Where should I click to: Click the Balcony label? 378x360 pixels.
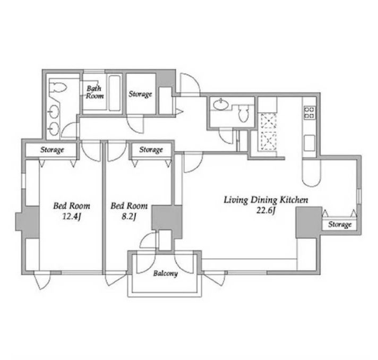166,273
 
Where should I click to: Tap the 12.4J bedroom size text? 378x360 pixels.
72,217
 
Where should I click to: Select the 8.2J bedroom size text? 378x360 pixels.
128,217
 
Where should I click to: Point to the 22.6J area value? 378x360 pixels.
266,210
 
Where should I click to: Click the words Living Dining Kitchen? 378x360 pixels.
266,200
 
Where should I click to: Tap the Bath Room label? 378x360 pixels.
94,92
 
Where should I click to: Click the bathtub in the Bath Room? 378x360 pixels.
114,93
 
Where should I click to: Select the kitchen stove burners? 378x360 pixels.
310,113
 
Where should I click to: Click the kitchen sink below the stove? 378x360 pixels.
310,143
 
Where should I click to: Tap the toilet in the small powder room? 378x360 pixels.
243,113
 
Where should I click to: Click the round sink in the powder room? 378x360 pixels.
221,105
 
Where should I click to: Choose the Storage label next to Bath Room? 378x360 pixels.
140,94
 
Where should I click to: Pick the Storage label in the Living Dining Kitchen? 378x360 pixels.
340,225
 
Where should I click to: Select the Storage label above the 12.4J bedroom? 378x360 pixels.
52,150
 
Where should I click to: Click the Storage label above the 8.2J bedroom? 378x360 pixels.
151,150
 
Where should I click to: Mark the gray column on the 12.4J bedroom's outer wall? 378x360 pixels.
28,222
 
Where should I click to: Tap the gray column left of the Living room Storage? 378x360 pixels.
309,222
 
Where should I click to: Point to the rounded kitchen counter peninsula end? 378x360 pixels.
311,173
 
